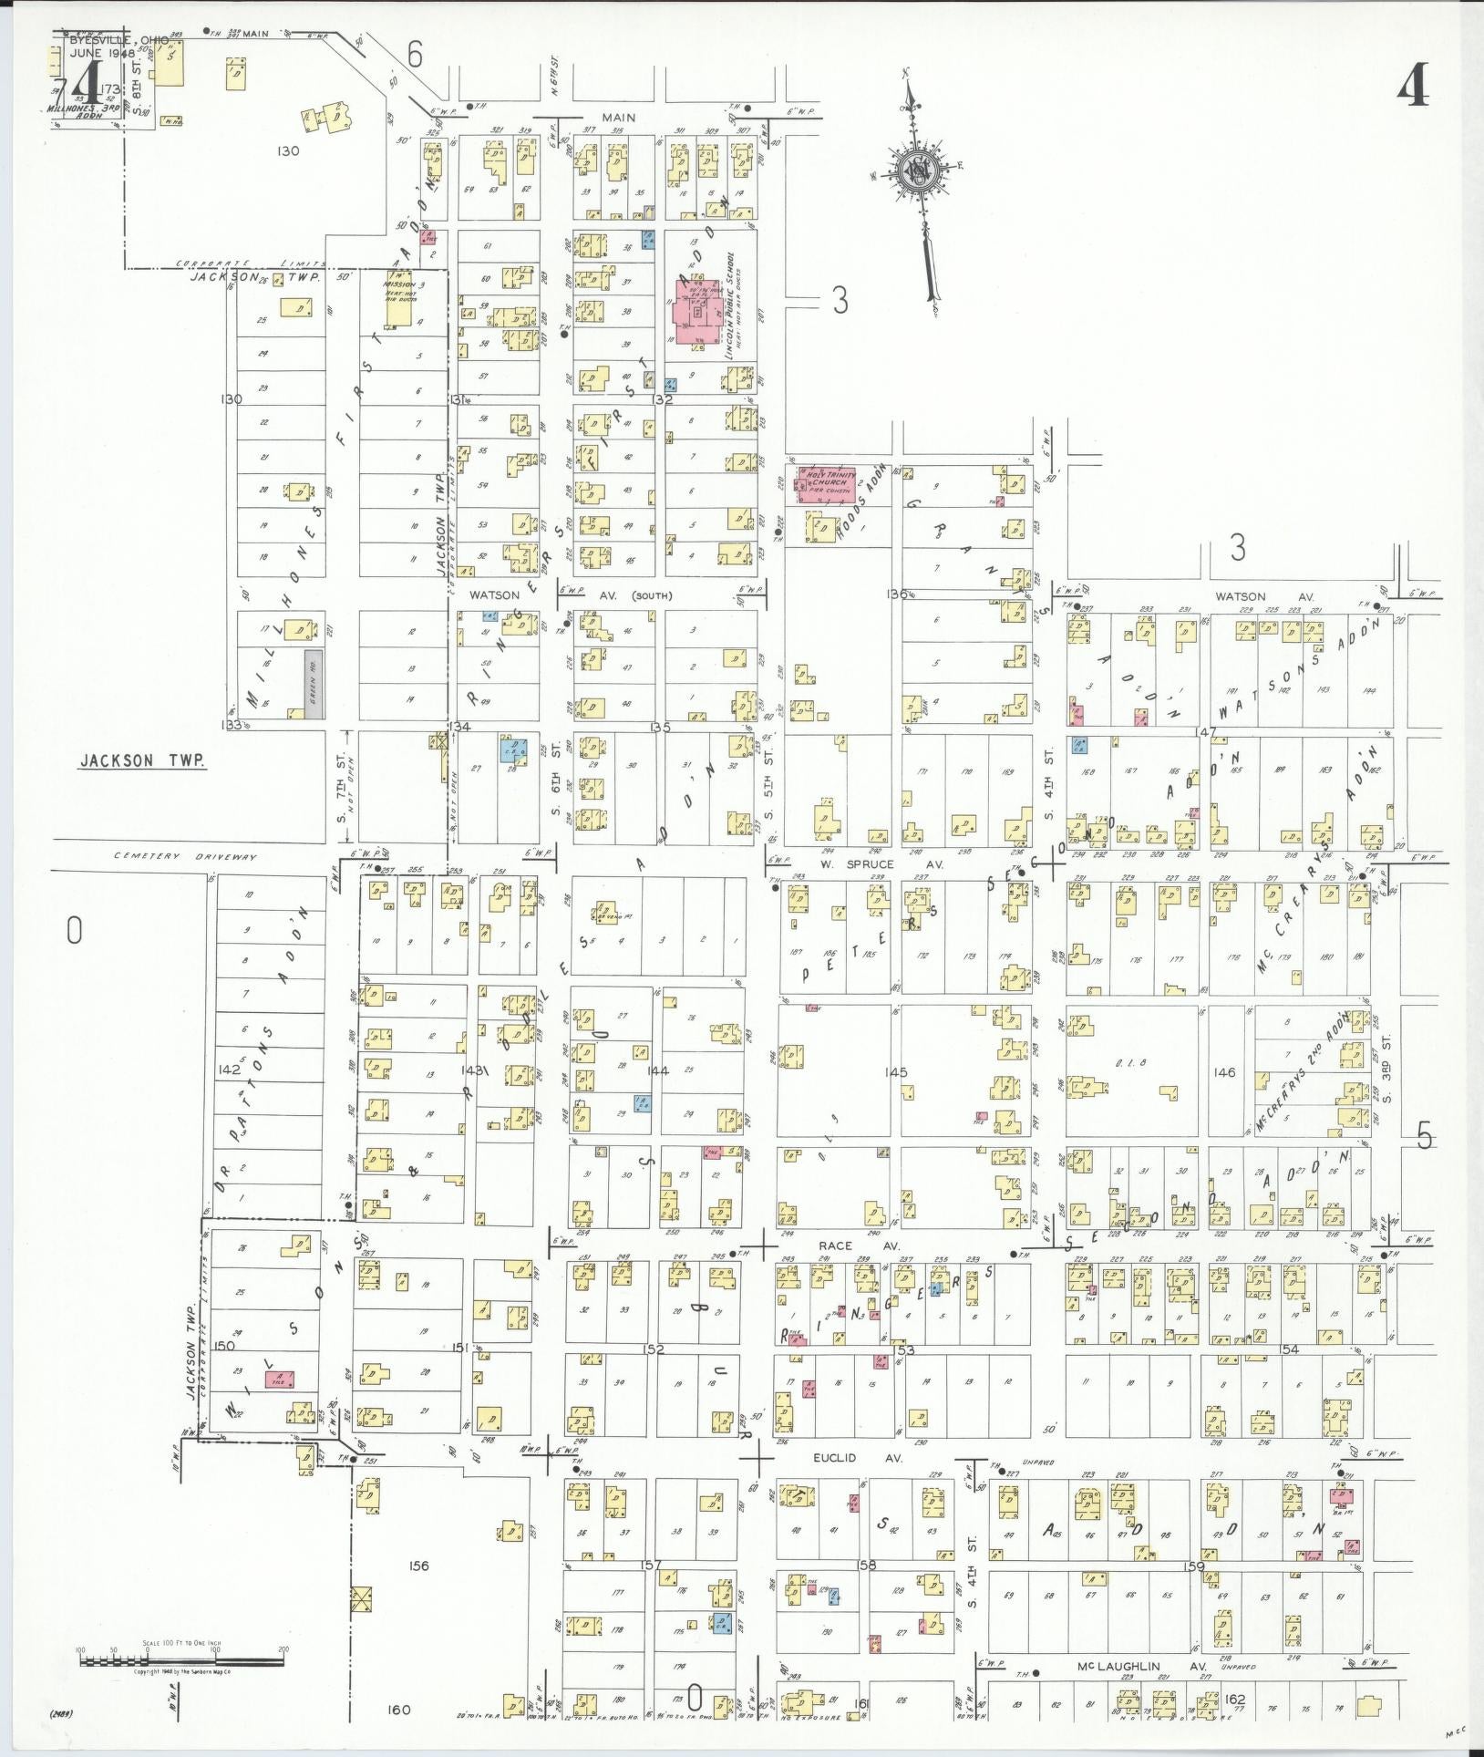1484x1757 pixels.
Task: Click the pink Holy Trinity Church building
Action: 825,484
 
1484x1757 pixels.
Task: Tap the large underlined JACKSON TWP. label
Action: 142,760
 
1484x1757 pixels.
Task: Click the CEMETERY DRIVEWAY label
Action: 186,857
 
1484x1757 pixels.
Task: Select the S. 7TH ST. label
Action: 342,789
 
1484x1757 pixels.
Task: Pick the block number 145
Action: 897,1072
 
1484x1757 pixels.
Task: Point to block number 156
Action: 418,1566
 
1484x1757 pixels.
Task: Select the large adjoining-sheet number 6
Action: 415,57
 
